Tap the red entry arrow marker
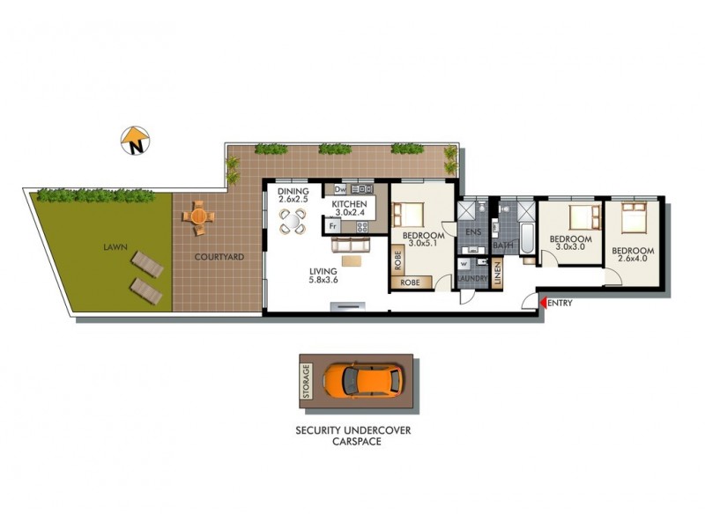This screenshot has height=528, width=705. tap(544, 304)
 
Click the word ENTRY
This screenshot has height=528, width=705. tap(561, 304)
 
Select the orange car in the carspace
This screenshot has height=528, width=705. tap(362, 379)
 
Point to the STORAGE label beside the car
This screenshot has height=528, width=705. tap(307, 380)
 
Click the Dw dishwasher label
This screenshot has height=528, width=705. tap(339, 189)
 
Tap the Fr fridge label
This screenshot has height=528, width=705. tap(333, 225)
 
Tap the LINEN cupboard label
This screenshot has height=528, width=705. tap(498, 273)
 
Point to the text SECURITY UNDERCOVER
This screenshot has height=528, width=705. tap(353, 430)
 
